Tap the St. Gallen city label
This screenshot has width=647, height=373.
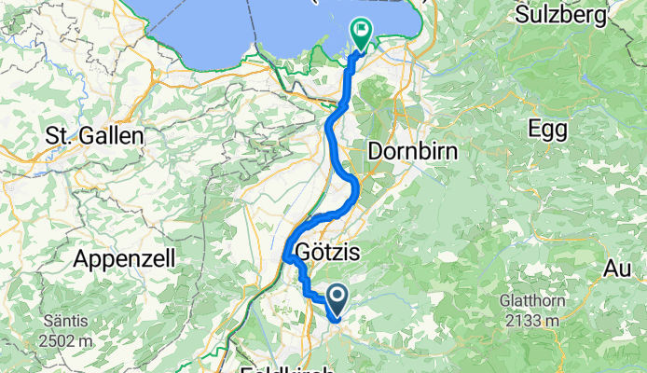coord(94,136)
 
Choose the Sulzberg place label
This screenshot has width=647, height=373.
coord(556,15)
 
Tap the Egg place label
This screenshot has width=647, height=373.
coord(547,128)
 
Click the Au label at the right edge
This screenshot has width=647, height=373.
coord(617,269)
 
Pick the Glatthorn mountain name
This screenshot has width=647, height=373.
coord(554,301)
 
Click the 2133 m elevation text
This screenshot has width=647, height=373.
coord(555,320)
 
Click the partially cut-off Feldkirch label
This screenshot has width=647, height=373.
coord(287,369)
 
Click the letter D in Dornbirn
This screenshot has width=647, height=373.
coord(376,149)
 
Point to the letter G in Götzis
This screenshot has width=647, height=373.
coord(301,253)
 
